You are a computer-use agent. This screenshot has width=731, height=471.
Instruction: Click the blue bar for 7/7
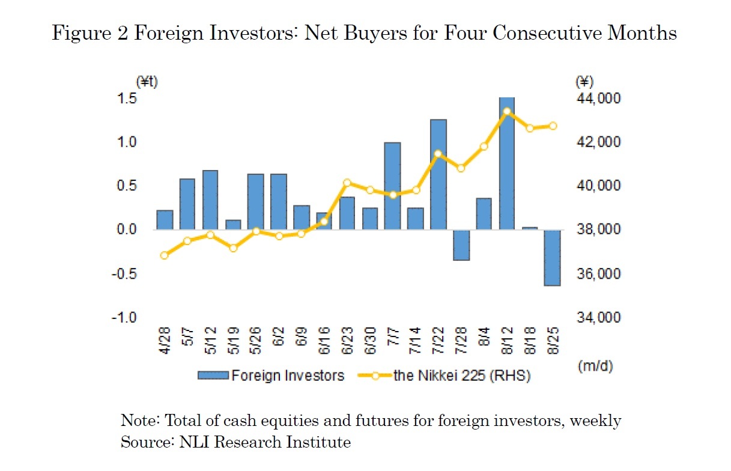click(x=392, y=186)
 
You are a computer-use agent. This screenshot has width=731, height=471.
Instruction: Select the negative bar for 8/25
click(x=552, y=258)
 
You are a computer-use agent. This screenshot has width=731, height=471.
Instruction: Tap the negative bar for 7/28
click(x=461, y=245)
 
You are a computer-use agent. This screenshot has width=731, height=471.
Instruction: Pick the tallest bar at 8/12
click(x=506, y=163)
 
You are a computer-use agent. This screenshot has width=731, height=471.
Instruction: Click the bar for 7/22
click(x=438, y=174)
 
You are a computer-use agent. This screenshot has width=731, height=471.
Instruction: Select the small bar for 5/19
click(x=233, y=225)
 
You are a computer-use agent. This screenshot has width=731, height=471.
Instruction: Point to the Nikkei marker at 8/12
click(x=506, y=111)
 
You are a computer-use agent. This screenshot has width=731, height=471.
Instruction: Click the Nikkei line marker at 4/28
click(x=165, y=255)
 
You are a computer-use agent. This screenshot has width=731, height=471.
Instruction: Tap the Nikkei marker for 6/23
click(x=347, y=183)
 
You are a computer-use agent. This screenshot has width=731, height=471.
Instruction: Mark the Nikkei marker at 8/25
click(x=553, y=126)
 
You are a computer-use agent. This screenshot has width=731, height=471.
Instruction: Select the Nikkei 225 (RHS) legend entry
click(x=444, y=375)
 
